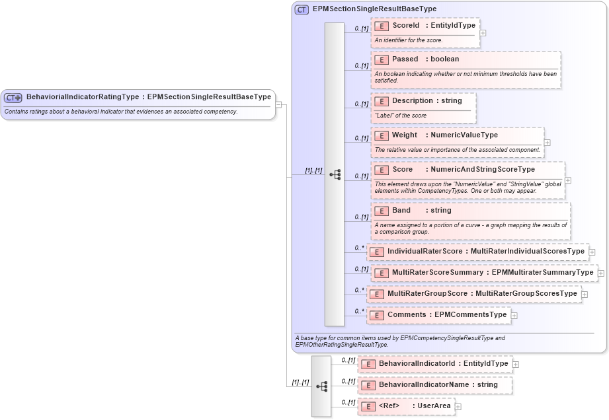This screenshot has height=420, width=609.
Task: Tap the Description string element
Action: [x=424, y=101]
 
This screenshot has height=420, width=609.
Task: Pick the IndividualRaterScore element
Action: [x=477, y=252]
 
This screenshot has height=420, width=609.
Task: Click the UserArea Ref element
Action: [x=406, y=406]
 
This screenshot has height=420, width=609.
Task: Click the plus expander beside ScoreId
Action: [x=483, y=32]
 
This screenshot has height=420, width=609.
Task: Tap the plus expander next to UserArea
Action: [x=458, y=407]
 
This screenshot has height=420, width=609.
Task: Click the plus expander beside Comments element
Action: [x=514, y=316]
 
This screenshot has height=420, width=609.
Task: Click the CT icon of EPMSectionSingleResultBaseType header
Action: [x=302, y=9]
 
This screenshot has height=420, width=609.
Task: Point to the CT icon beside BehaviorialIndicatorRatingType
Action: [x=13, y=98]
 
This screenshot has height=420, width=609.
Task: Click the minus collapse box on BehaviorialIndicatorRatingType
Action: [x=279, y=104]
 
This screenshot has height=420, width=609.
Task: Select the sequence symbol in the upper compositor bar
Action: [x=335, y=174]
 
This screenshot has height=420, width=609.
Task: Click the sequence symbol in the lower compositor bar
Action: [x=321, y=386]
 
